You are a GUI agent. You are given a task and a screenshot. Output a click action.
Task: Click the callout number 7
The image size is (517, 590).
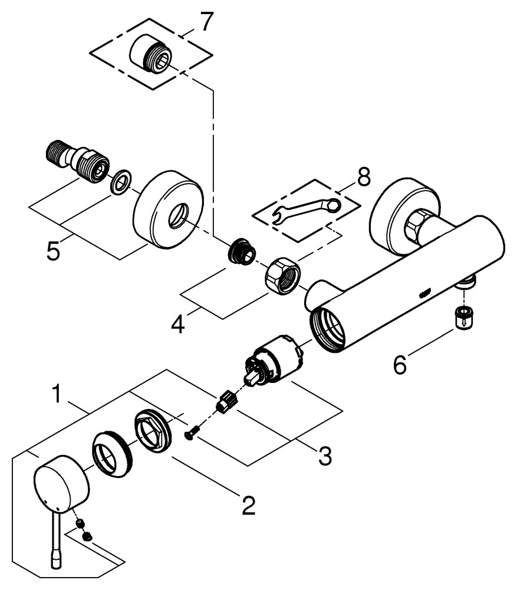204,22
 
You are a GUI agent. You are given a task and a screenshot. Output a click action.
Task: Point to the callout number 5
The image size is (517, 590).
54,251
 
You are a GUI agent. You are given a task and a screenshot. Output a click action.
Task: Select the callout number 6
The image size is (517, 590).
400,366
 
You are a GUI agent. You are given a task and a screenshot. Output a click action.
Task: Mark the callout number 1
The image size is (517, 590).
57,394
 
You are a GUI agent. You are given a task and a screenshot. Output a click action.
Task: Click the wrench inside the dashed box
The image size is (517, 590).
307,210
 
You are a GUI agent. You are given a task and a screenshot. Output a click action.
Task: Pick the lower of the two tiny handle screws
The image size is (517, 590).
87,536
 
